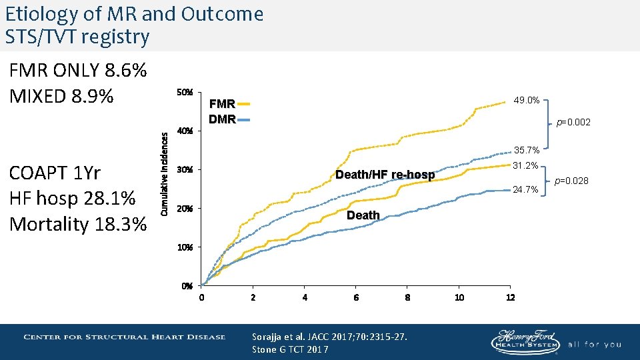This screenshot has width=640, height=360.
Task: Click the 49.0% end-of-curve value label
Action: click(x=526, y=101)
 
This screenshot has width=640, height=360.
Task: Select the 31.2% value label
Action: click(x=526, y=165)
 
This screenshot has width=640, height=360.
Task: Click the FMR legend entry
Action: click(x=229, y=104)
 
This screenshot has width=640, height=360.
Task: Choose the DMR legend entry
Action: click(x=229, y=120)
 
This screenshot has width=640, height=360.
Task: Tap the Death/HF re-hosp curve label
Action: click(x=385, y=175)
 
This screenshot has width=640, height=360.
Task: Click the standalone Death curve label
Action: click(x=363, y=215)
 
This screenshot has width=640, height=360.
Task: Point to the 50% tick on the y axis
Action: click(x=185, y=92)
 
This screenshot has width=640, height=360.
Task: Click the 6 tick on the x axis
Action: click(x=356, y=297)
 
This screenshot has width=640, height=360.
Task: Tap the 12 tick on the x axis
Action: click(x=510, y=297)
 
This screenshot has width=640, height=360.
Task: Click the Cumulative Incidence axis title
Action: click(x=164, y=171)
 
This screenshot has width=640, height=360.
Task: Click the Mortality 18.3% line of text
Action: click(x=78, y=224)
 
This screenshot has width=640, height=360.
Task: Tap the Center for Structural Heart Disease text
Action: click(x=125, y=337)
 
